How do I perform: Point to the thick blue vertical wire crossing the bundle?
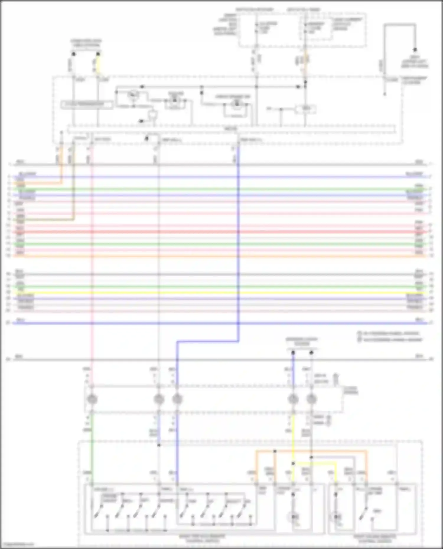coord(238,236)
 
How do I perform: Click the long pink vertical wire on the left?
coord(92,266)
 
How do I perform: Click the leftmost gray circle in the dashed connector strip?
coord(92,399)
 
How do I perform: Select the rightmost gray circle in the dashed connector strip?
coord(311,399)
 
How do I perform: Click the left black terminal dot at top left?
coord(74,54)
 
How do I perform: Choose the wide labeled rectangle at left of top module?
coord(87,104)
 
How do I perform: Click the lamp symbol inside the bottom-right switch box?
coord(337,517)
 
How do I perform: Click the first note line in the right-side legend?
coord(390,333)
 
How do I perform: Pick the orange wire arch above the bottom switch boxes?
coord(310,451)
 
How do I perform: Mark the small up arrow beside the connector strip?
coord(335,378)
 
